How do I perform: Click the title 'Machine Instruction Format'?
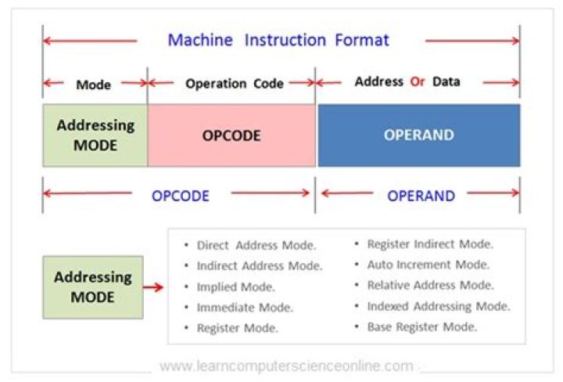[278, 40]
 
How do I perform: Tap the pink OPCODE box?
[231, 135]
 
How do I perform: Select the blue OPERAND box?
[418, 135]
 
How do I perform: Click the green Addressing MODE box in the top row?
[95, 135]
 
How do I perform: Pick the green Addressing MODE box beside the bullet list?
[92, 287]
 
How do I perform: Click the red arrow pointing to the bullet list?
[154, 287]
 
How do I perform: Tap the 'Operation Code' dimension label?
[234, 84]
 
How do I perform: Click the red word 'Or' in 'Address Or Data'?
[418, 81]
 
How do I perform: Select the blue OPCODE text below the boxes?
[181, 195]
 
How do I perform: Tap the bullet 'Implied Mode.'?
[235, 286]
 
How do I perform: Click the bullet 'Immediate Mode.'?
[245, 308]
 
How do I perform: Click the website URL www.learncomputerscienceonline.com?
[286, 366]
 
